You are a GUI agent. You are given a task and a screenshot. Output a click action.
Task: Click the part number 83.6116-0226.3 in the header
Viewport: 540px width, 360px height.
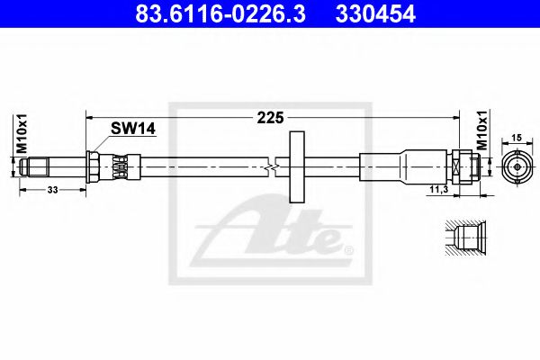pos(220,14)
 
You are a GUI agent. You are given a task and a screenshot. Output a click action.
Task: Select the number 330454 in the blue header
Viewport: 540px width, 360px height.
pos(375,14)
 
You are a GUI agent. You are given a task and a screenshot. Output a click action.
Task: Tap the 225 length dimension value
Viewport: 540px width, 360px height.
pos(271,118)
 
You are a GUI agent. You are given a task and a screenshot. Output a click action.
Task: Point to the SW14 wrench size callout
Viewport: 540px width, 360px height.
pos(133,129)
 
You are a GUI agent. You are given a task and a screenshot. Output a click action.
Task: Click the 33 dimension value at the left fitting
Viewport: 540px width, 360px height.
pos(52,190)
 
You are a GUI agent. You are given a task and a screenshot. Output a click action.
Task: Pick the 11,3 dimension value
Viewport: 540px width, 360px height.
pos(439,189)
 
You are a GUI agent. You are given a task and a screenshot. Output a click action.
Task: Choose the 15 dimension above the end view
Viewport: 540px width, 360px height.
pos(517,138)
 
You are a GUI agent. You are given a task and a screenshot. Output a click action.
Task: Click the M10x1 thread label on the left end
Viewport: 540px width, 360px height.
pos(22,133)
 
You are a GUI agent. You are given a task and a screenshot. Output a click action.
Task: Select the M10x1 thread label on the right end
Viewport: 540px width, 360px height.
pos(482,130)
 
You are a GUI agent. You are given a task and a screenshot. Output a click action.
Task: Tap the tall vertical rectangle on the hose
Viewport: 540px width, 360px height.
pos(297,166)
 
